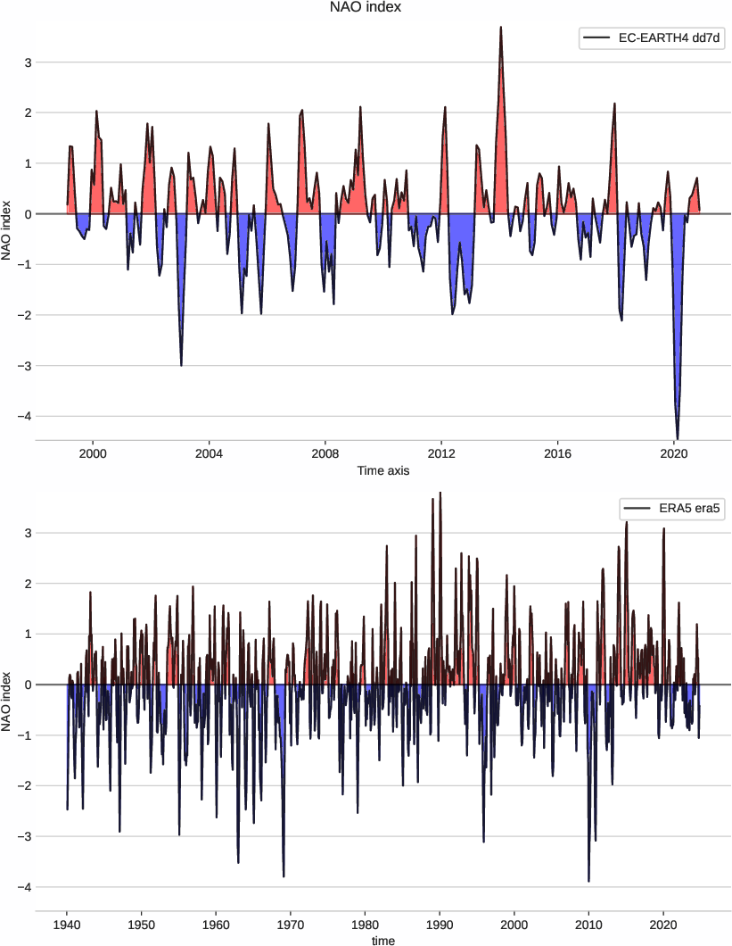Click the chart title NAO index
coord(366,8)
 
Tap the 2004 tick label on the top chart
coord(209,453)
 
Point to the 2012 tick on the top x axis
coord(441,453)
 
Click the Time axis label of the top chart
coord(382,470)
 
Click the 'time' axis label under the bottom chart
coord(382,940)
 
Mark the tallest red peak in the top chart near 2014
coord(501,28)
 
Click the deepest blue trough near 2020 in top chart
coord(678,437)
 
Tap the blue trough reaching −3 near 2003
coord(181,364)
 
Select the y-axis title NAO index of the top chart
coord(8,231)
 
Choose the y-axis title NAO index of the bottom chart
coord(8,702)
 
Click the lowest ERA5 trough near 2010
coord(588,880)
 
